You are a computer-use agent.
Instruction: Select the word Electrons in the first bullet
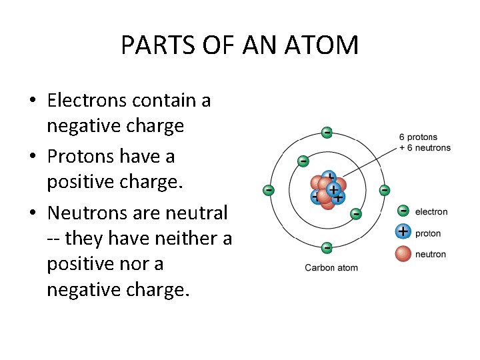(x=87, y=101)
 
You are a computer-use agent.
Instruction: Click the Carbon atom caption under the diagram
(x=331, y=268)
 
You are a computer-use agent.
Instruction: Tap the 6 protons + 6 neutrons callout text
(x=425, y=143)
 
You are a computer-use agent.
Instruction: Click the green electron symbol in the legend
(x=403, y=211)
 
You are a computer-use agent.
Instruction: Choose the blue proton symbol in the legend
(x=403, y=232)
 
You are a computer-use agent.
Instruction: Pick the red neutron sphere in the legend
(x=403, y=253)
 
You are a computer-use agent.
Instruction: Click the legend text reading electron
(x=431, y=212)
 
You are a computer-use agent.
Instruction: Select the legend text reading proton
(x=428, y=233)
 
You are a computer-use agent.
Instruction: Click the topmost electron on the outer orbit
(x=327, y=133)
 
